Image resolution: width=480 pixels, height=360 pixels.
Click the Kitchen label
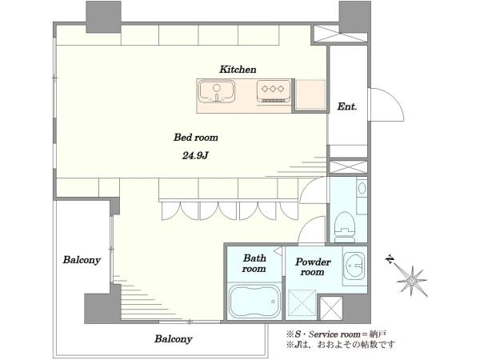(238, 70)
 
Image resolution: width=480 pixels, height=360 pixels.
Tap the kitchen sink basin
(217, 91)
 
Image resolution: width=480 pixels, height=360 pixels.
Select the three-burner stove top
(274, 90)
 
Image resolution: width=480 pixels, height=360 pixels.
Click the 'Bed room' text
(196, 137)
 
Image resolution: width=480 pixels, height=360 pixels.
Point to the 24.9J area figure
(195, 156)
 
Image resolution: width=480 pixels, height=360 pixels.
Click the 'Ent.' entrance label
(347, 106)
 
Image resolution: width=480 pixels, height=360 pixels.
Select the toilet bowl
(345, 227)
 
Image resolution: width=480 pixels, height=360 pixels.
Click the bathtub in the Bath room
(254, 302)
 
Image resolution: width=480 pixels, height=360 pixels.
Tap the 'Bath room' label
(254, 263)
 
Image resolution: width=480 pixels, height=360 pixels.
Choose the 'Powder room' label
(313, 266)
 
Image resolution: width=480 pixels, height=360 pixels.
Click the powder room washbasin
(354, 266)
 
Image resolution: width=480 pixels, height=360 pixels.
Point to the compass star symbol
(412, 281)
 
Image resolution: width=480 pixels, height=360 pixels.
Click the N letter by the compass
(390, 259)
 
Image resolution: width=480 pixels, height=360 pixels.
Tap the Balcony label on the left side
(82, 260)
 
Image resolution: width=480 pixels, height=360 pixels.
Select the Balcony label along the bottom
(173, 339)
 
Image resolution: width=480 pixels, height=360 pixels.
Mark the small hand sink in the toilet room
(362, 188)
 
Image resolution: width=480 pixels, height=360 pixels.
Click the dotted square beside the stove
(311, 94)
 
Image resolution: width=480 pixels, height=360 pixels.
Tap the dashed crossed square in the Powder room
(302, 302)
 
